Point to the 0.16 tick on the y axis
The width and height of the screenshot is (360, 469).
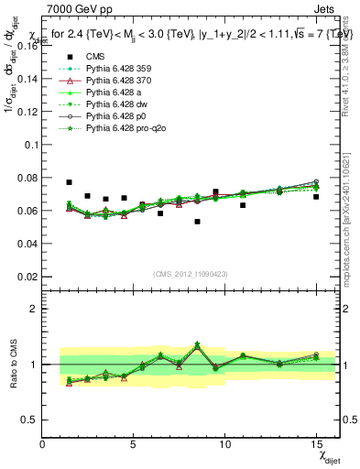click(27, 46)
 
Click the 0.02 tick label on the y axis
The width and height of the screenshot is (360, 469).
click(27, 276)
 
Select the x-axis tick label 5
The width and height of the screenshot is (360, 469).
click(133, 444)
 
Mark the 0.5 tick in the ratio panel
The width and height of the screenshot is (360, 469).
click(30, 420)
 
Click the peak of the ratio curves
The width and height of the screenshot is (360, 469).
click(197, 344)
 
